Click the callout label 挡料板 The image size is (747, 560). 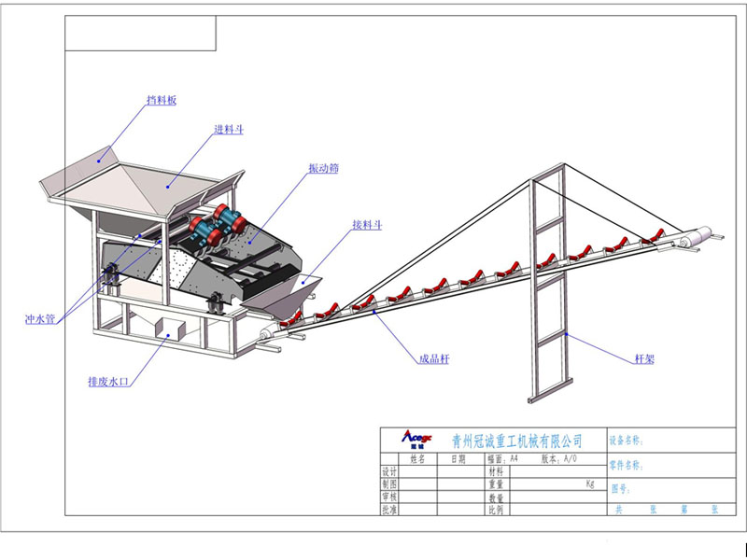(x=161, y=100)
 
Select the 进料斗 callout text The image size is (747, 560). (x=229, y=130)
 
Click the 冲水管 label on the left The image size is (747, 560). (x=40, y=320)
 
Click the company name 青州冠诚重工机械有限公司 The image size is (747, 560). (x=516, y=440)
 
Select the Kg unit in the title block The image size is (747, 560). (x=589, y=484)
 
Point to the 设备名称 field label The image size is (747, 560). (x=627, y=440)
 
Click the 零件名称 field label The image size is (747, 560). (x=627, y=464)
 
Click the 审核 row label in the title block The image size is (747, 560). (x=390, y=497)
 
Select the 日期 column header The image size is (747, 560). (x=458, y=459)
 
